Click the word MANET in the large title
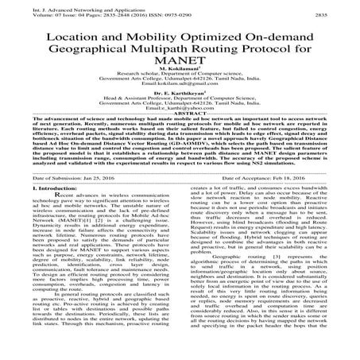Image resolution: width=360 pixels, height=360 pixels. pyautogui.click(x=180, y=69)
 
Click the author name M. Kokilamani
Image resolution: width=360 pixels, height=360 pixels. pyautogui.click(x=180, y=83)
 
